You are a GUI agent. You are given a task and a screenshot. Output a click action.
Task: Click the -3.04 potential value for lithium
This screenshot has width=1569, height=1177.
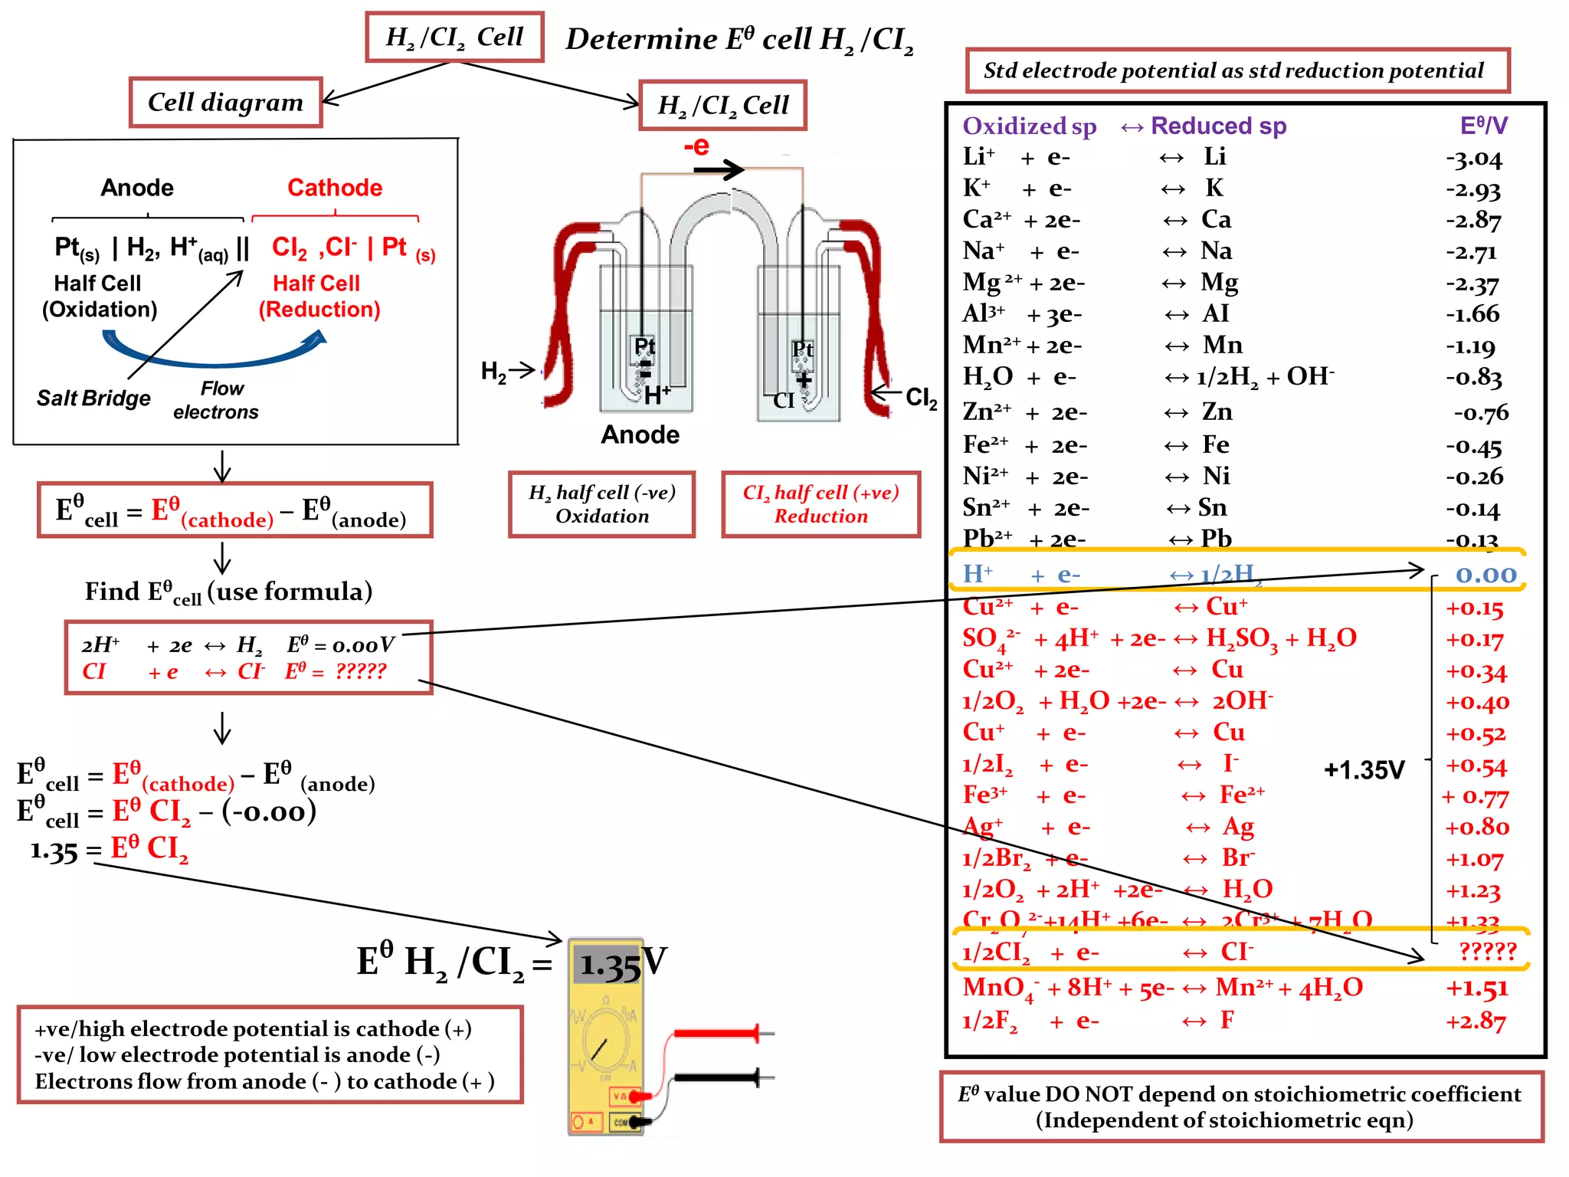[1474, 159]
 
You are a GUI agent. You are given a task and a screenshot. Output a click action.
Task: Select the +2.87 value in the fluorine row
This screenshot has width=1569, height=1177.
[1476, 1021]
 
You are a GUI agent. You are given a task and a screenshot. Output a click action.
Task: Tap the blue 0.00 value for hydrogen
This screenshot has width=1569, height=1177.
[1485, 575]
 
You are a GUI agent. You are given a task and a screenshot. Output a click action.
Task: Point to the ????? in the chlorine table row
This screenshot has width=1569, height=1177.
[1487, 951]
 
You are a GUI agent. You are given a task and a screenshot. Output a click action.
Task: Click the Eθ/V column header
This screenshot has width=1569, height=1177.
[1483, 126]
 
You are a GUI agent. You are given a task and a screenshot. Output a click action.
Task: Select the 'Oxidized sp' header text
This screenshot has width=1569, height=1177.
[1029, 126]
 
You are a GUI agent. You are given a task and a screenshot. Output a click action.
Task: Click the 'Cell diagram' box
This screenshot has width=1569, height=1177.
[225, 102]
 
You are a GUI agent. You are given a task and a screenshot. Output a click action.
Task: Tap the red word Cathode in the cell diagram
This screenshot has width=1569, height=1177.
[335, 188]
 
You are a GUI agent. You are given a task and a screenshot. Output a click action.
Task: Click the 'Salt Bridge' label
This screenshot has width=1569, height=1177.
[93, 398]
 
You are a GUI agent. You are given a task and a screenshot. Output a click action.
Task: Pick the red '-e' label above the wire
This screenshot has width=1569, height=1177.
[696, 146]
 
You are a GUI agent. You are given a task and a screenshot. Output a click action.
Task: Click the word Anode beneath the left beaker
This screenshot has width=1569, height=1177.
[640, 434]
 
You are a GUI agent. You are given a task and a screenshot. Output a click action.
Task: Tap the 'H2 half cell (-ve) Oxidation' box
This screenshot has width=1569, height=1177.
[601, 504]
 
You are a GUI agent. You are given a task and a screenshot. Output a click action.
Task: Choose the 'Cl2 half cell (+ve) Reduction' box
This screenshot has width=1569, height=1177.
[821, 504]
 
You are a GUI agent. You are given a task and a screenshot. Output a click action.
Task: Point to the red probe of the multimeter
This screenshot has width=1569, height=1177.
[716, 1034]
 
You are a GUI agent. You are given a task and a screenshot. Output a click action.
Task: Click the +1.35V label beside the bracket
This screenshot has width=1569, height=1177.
[1364, 770]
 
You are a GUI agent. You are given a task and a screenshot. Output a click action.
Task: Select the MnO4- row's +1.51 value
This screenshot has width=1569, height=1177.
[1476, 988]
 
